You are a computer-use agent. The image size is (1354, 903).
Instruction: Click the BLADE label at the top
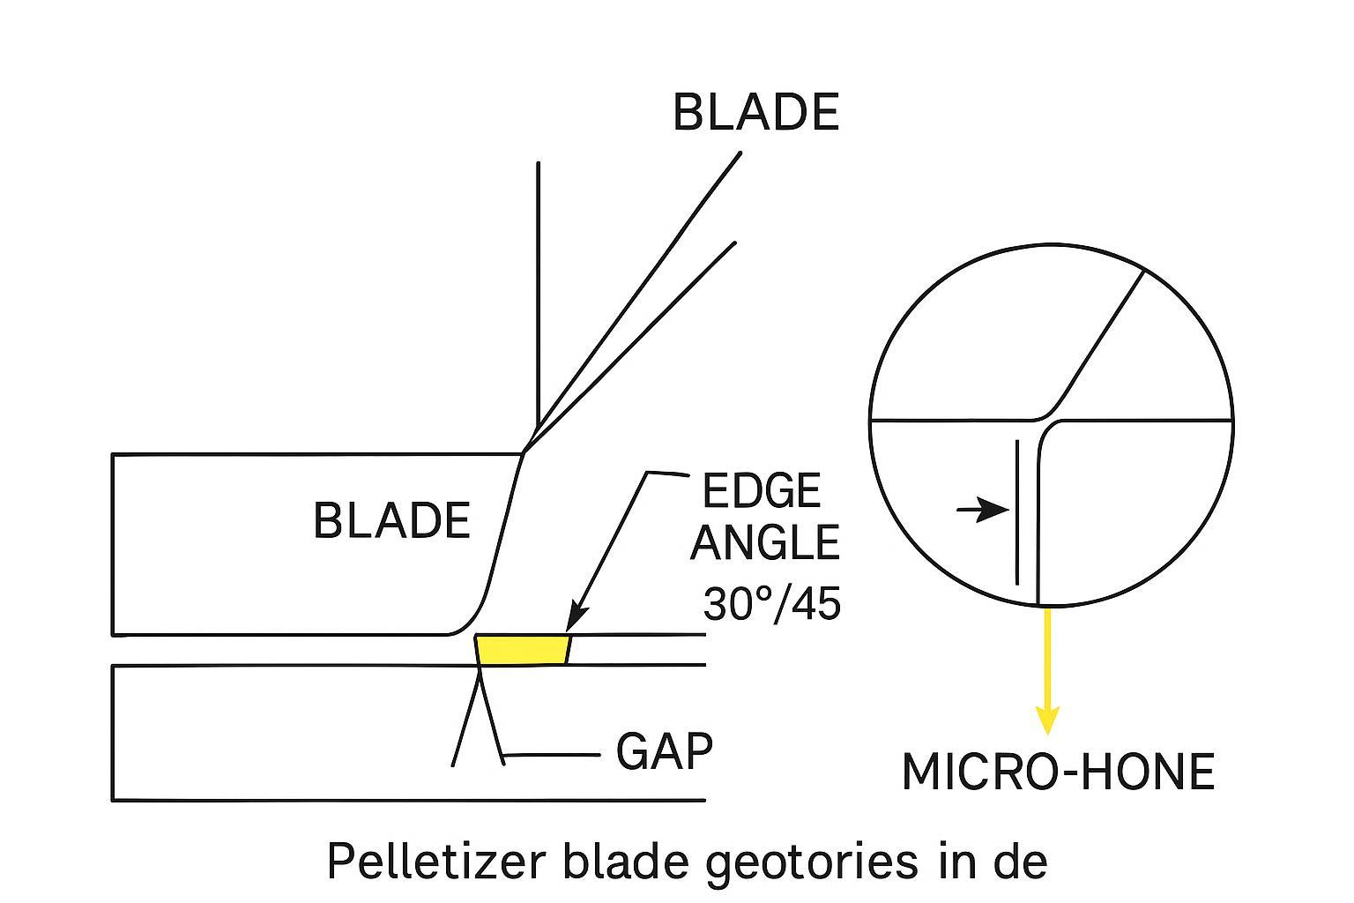pos(755,113)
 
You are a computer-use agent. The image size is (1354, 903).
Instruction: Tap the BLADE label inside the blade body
pos(391,520)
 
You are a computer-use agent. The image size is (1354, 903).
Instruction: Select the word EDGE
pos(762,491)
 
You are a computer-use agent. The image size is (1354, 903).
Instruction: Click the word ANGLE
pos(764,542)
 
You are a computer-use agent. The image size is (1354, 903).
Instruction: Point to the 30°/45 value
pos(771,604)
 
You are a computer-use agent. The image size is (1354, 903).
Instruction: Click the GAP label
pos(664,752)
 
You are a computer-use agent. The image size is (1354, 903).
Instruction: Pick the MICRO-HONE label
pos(1058,772)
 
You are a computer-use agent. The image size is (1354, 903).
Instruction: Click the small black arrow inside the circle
pos(982,509)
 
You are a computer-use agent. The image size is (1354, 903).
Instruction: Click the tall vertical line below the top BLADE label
pos(538,291)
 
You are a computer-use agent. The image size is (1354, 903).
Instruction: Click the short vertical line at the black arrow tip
pos(1017,511)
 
